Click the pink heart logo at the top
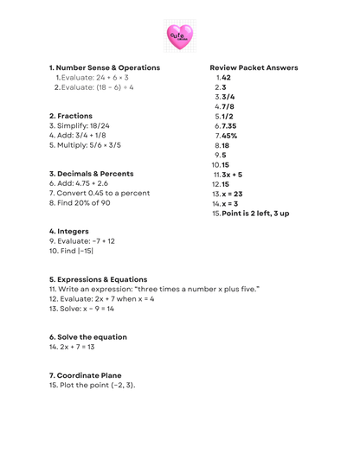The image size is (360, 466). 179,36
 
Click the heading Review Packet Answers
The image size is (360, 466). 254,67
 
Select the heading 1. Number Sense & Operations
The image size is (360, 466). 105,67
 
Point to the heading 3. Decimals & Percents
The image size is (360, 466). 92,173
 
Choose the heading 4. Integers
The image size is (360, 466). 69,231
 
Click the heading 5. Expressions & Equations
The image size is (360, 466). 98,279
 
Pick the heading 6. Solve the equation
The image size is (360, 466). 88,337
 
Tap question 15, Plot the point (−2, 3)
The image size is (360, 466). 93,386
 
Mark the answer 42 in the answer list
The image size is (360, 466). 226,77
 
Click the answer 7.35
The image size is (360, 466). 228,125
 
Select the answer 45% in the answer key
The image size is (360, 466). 229,136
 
